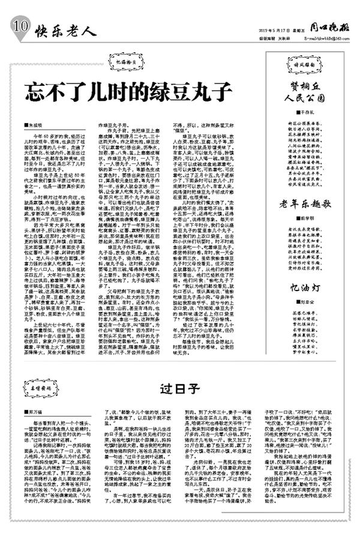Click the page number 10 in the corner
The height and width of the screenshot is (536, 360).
[x=19, y=26]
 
